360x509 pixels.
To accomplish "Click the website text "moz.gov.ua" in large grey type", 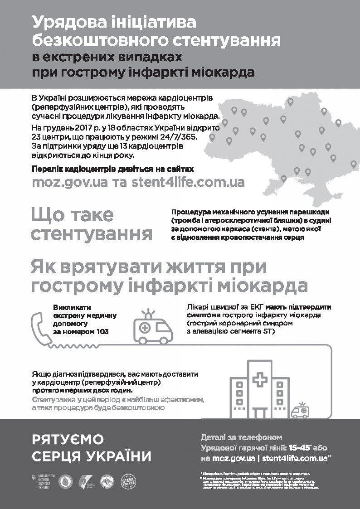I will [69, 182].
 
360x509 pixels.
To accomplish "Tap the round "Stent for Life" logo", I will [130, 481].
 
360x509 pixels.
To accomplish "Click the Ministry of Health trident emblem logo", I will [34, 479].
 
